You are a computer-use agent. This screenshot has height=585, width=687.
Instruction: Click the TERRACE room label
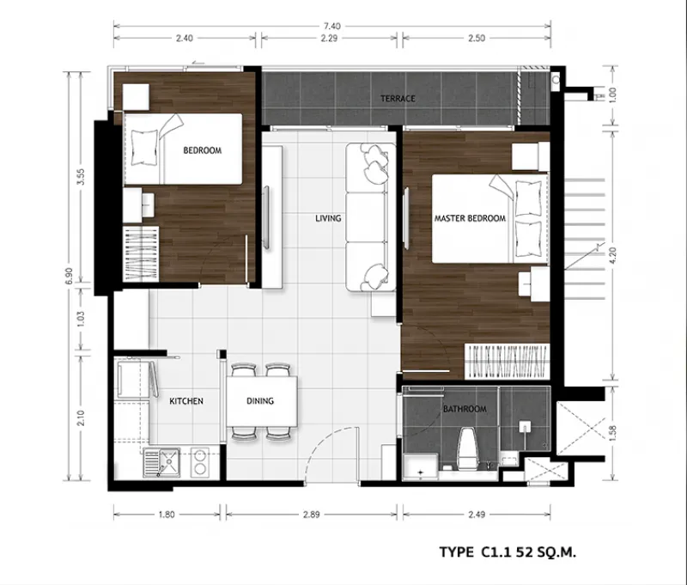coord(398,99)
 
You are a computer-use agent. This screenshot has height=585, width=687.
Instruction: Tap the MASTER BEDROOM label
coord(470,218)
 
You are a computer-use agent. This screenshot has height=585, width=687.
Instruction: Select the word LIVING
coord(328,218)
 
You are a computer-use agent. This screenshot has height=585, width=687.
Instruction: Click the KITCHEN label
coord(186,401)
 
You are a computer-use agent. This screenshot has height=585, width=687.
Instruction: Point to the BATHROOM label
coord(465,409)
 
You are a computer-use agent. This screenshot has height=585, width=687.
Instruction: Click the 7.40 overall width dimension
coord(332,27)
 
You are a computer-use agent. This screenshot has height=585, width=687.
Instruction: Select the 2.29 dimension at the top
coord(329,38)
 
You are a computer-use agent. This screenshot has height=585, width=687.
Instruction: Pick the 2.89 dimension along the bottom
coord(311,515)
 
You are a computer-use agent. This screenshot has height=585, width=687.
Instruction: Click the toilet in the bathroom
coord(467,449)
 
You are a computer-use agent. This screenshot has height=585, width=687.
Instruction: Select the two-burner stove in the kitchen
coord(200,462)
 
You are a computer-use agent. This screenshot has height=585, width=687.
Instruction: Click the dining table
coord(262,401)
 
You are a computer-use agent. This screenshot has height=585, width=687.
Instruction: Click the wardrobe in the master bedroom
coord(507,362)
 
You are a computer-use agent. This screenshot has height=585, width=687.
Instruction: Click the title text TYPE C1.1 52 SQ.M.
coord(508,552)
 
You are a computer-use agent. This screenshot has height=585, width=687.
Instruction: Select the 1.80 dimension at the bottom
coord(167,515)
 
